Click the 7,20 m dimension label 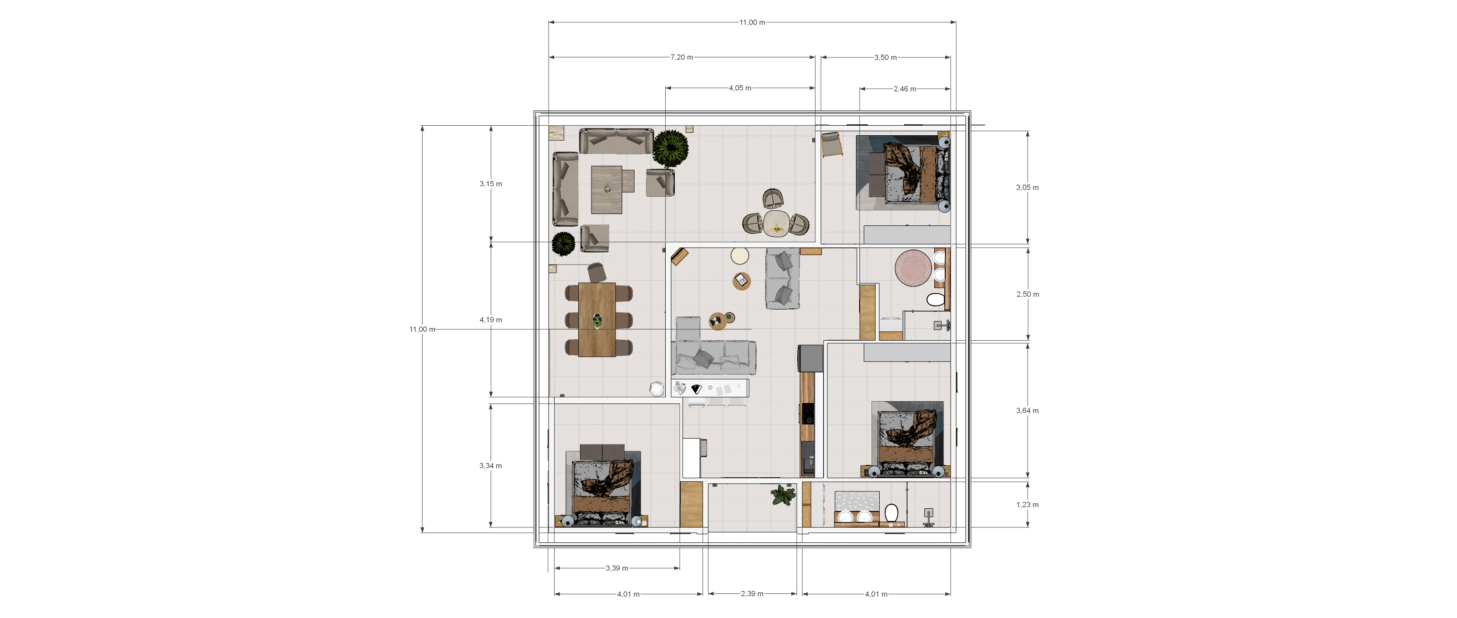click(682, 57)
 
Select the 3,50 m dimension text click(885, 57)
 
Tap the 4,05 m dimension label click(740, 88)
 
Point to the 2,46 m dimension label click(904, 89)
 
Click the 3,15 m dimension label click(490, 184)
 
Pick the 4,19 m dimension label click(490, 320)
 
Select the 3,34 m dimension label click(490, 466)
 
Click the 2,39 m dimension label click(752, 594)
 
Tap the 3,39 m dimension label click(616, 568)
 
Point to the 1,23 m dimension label click(1027, 505)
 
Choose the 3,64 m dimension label click(1027, 411)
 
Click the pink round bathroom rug click(912, 268)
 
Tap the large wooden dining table click(597, 320)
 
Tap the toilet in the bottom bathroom click(891, 513)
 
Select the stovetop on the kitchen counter click(807, 414)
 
